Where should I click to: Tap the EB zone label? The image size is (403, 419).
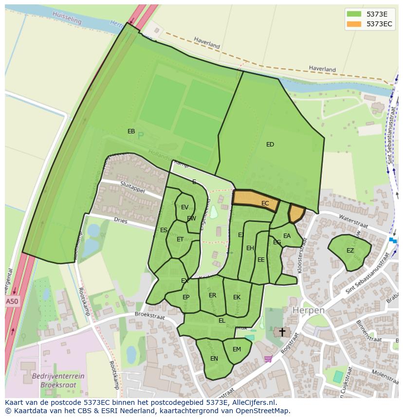131,131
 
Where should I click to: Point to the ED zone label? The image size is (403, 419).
270,145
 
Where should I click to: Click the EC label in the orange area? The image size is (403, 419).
265,203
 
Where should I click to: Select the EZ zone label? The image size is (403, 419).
350,251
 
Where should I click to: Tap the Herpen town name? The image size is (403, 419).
308,310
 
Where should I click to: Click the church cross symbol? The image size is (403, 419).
282,332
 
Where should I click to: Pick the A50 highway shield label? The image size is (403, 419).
12,302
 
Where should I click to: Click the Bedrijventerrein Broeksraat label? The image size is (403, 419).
58,380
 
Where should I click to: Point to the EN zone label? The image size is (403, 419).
214,359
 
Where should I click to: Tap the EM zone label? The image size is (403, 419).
237,349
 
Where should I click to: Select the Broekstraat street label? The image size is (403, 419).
150,317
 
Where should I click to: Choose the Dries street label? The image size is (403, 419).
120,221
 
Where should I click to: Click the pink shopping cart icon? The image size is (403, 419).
268,359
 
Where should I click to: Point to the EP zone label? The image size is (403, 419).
186,297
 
